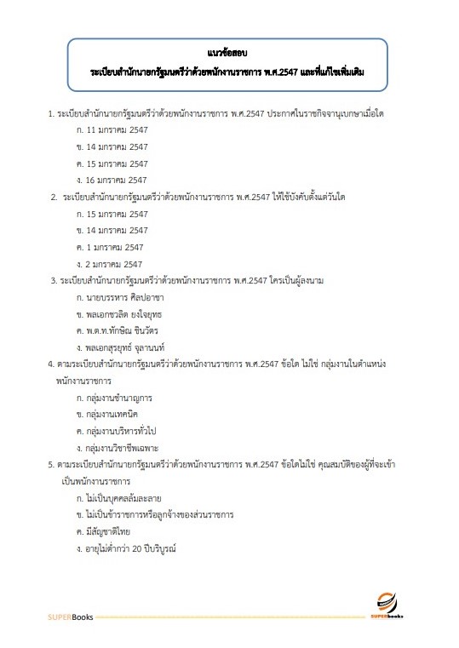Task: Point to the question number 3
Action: click(55, 280)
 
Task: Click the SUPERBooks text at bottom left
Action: click(68, 615)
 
